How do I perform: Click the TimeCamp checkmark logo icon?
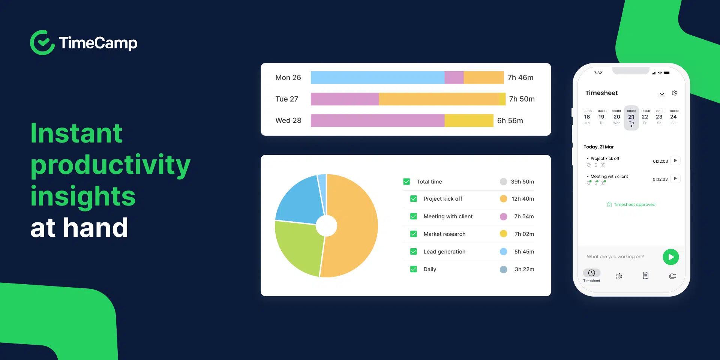[x=42, y=43]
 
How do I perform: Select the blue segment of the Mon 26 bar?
[x=377, y=78]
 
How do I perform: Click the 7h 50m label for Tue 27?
[x=522, y=99]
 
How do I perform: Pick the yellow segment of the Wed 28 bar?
[x=469, y=121]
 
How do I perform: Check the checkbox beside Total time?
[x=406, y=181]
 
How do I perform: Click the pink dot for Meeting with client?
[x=503, y=216]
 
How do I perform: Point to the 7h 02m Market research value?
[x=524, y=234]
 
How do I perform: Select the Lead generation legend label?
[x=444, y=252]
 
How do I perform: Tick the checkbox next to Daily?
[x=414, y=269]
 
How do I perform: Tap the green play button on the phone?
[x=670, y=257]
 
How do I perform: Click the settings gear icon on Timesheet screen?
[x=675, y=93]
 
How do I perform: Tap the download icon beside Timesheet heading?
[x=662, y=93]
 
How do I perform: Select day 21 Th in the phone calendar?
[x=631, y=118]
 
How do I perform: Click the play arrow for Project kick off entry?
[x=675, y=160]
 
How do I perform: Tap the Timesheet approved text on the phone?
[x=634, y=205]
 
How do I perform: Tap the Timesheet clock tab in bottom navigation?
[x=592, y=275]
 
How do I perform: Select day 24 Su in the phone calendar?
[x=673, y=118]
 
